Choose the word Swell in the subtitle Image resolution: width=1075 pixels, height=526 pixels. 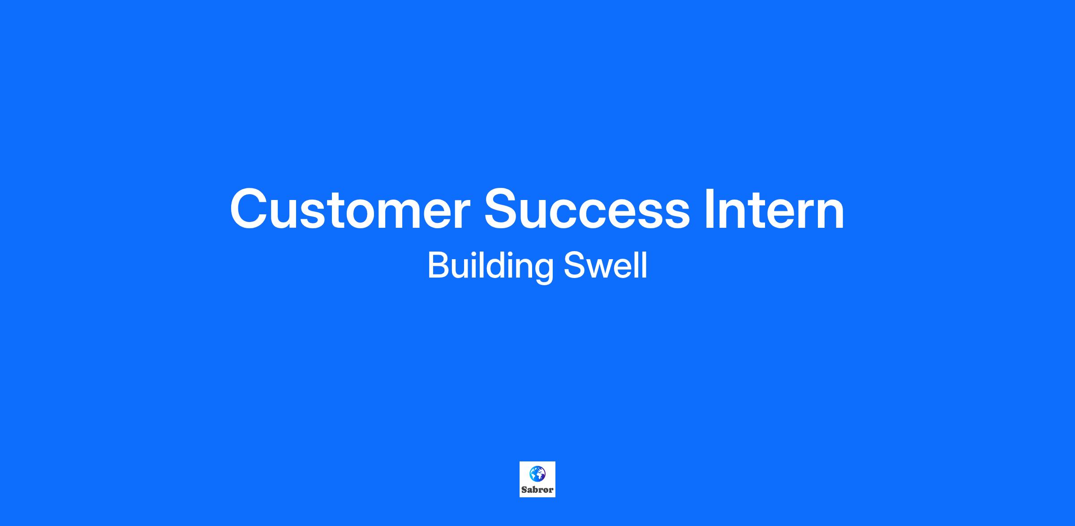pos(605,265)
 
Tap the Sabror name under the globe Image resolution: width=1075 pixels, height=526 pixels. pos(537,490)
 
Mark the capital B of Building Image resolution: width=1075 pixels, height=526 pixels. pos(439,265)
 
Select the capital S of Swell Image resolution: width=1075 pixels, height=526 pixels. pos(574,265)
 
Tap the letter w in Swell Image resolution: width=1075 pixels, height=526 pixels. pos(600,269)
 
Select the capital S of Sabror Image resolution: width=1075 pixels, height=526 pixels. pos(524,490)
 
